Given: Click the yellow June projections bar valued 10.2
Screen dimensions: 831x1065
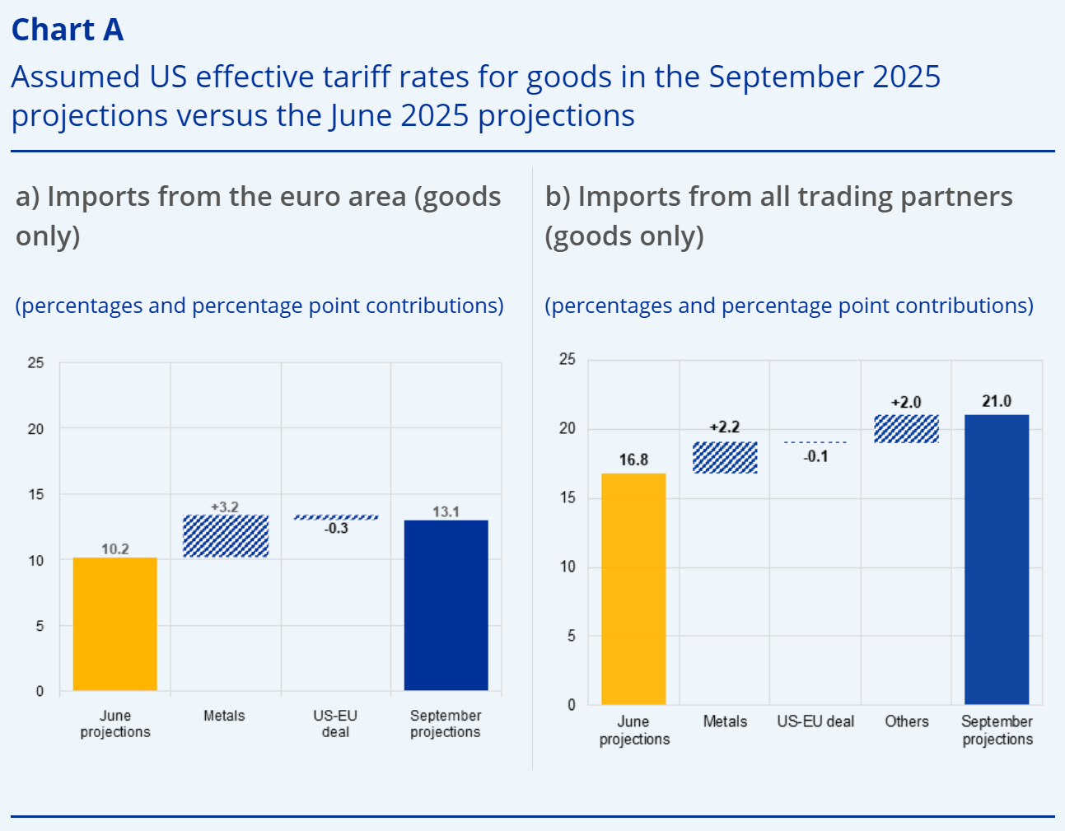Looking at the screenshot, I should click(x=114, y=623).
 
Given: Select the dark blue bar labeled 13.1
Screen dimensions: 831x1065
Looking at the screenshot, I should click(x=446, y=605).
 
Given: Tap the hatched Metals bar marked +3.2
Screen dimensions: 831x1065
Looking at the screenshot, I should click(x=225, y=536).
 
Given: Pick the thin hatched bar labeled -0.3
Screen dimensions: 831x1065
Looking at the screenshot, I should click(x=336, y=517).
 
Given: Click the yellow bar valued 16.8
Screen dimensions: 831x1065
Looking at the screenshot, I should click(x=633, y=588).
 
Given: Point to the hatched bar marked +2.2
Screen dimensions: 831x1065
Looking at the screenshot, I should click(x=725, y=458).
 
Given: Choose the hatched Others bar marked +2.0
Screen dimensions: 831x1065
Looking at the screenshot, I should click(x=906, y=429).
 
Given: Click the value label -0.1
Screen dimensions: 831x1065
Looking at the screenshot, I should click(x=815, y=456).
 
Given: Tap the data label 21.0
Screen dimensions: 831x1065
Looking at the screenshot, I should click(x=996, y=401).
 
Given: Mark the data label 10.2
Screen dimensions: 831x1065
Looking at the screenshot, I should click(x=114, y=549).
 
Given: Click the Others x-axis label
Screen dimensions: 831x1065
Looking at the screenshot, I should click(x=906, y=721).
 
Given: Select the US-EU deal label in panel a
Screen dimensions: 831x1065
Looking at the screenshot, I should click(x=335, y=723).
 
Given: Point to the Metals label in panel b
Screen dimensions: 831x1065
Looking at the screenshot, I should click(x=725, y=721).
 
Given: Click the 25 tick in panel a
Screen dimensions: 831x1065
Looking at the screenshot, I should click(x=35, y=362).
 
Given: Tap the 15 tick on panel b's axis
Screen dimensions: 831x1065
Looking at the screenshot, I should click(x=568, y=497).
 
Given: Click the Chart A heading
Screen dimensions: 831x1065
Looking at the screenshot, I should click(x=68, y=30).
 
